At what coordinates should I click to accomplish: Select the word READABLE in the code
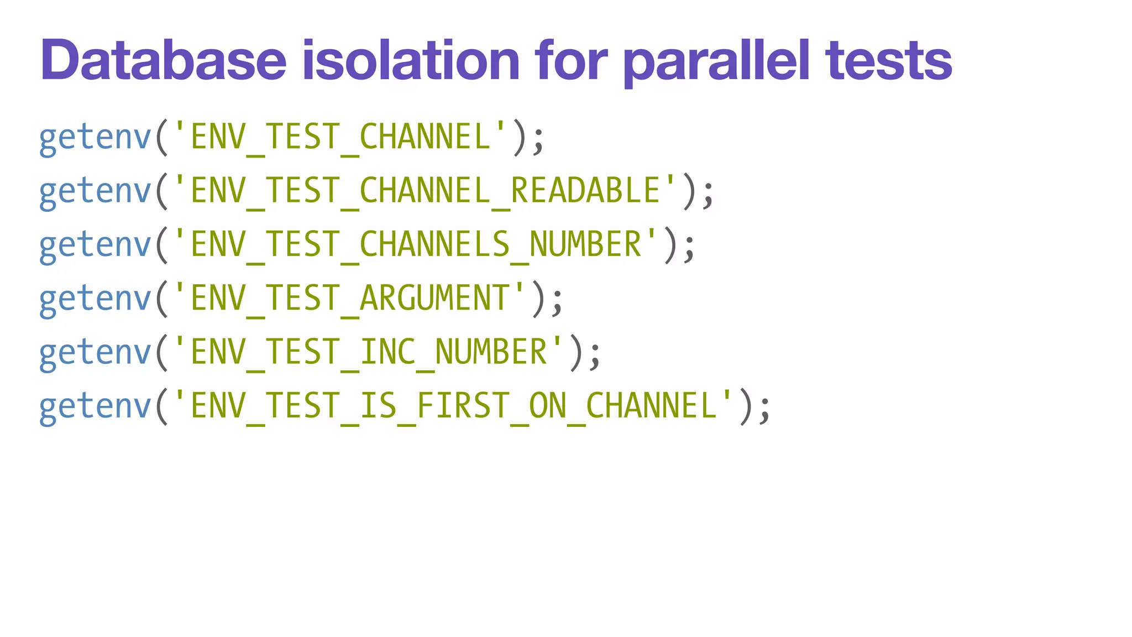(585, 190)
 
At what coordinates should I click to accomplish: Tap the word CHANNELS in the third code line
(434, 244)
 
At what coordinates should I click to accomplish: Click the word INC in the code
(387, 352)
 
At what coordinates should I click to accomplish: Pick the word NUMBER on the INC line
(491, 352)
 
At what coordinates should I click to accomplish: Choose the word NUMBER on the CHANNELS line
(585, 244)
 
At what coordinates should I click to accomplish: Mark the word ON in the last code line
(547, 405)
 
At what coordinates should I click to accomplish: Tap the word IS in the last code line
(378, 405)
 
